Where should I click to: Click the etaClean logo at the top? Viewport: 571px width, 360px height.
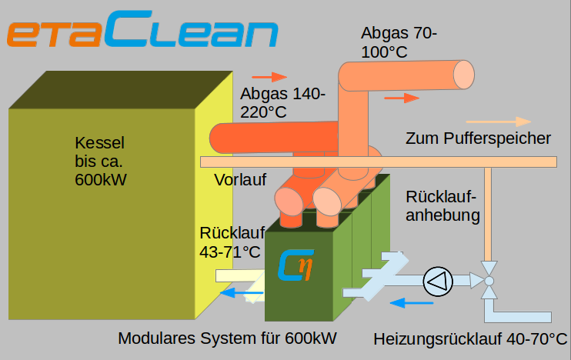(x=142, y=28)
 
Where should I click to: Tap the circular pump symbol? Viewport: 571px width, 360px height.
(x=438, y=282)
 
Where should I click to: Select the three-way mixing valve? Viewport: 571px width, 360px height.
(x=489, y=281)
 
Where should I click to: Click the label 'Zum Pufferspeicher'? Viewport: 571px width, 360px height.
(x=478, y=138)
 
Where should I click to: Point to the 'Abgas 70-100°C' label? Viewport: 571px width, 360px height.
(x=399, y=42)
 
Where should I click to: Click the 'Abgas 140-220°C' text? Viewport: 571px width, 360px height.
(x=282, y=102)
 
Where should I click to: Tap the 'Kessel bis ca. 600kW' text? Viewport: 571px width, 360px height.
(x=101, y=162)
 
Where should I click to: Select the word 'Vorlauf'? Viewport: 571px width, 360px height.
(x=240, y=180)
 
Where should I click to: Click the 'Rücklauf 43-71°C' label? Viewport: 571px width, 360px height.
(x=232, y=242)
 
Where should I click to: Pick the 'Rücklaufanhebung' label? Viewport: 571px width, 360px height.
(x=442, y=206)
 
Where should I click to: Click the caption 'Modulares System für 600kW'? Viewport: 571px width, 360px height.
(x=227, y=338)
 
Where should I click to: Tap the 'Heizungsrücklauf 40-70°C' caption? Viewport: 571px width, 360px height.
(x=470, y=339)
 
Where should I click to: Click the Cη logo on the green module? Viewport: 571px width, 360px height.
(x=296, y=265)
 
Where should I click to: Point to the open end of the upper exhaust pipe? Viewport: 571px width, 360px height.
(x=463, y=75)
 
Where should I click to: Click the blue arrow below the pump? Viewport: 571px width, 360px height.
(x=412, y=302)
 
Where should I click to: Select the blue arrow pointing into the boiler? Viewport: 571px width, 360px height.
(x=242, y=292)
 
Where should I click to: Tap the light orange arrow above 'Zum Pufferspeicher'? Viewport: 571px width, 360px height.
(x=499, y=122)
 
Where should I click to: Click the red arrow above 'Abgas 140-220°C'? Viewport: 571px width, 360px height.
(x=269, y=77)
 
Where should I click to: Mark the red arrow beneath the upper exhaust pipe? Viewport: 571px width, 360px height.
(x=402, y=98)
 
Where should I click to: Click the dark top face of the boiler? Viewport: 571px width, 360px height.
(x=121, y=90)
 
